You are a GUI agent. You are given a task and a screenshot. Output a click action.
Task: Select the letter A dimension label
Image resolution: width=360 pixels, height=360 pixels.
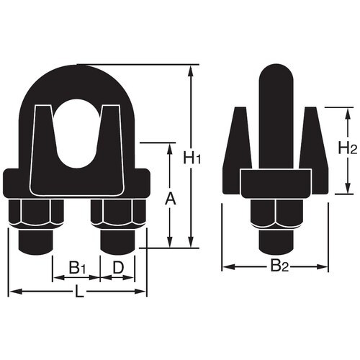tap(170, 197)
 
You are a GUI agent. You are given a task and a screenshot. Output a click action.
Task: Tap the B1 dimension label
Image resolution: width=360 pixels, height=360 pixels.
tap(77, 267)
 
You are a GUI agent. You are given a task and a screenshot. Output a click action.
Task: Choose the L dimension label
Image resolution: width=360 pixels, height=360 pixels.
tap(78, 292)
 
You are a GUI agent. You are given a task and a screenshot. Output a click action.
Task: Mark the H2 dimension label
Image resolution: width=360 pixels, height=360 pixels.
tap(347, 149)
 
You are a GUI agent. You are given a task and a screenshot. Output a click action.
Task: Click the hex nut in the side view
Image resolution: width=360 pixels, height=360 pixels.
tap(276, 216)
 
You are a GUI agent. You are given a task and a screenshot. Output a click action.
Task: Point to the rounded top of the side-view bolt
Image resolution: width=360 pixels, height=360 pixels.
tap(275, 76)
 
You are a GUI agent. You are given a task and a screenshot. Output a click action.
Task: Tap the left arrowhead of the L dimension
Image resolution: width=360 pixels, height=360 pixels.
tap(12, 292)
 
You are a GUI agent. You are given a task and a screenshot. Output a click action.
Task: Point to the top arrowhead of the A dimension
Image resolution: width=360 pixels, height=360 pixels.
tap(170, 147)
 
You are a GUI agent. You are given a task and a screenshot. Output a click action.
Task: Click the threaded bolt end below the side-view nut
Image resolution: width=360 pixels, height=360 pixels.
tap(276, 241)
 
